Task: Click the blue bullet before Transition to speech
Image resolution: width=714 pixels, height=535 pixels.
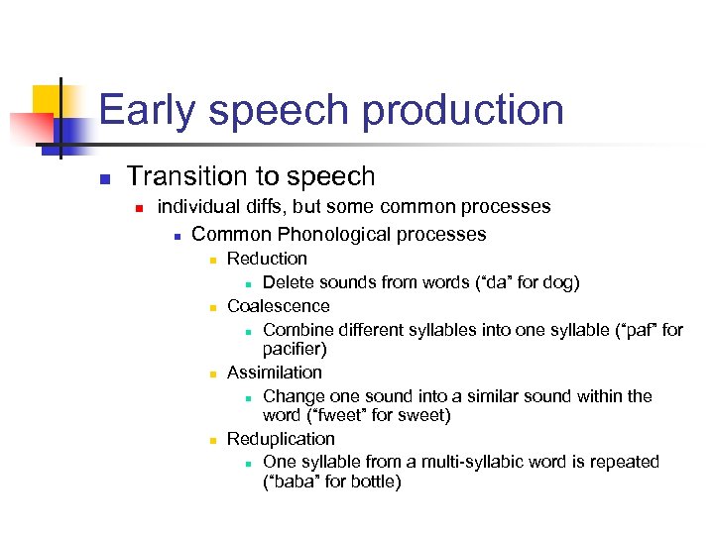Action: [x=102, y=179]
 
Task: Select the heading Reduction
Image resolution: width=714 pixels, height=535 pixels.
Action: [x=267, y=259]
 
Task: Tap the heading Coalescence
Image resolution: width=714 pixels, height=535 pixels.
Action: [x=278, y=306]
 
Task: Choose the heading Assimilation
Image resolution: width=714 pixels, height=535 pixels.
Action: [x=275, y=373]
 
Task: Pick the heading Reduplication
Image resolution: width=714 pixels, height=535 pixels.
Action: [x=281, y=439]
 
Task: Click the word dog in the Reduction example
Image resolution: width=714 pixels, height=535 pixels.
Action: [x=557, y=282]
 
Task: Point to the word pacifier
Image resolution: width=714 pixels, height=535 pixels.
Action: [x=294, y=349]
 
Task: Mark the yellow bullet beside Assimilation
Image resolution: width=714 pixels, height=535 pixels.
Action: [x=212, y=374]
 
